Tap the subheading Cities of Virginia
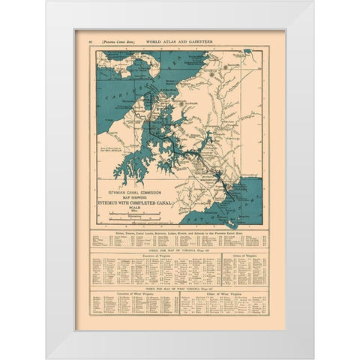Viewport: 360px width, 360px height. point(244,255)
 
